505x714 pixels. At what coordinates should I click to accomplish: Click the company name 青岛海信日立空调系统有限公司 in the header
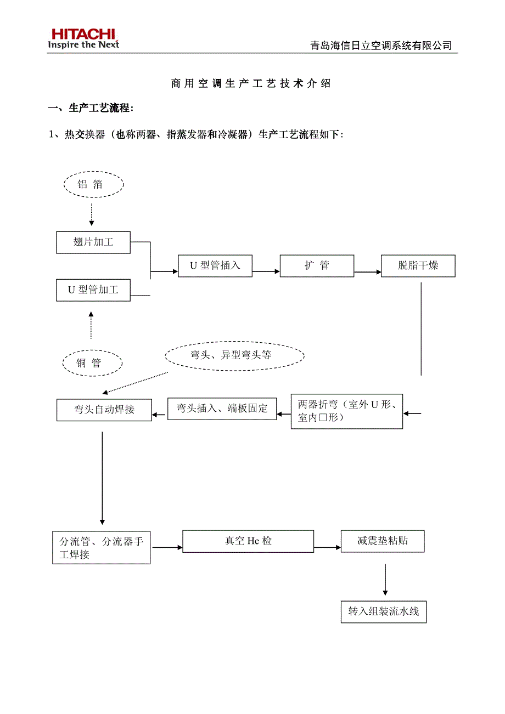[381, 46]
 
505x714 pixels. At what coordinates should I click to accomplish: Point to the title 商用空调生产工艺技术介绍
[251, 83]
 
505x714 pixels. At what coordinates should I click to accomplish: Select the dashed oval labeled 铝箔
[93, 185]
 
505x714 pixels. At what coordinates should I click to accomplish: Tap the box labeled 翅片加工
[93, 242]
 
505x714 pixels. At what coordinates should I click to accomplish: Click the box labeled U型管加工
[93, 290]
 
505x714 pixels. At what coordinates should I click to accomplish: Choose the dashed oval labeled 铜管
[92, 363]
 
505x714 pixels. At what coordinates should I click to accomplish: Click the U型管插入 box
[215, 266]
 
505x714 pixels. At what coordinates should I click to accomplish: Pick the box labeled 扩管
[317, 266]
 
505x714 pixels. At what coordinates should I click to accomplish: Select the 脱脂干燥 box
[418, 266]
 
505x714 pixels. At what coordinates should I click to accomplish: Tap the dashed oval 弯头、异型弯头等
[234, 355]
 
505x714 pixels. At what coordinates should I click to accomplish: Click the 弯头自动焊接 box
[104, 410]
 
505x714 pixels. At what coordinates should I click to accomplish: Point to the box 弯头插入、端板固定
[222, 409]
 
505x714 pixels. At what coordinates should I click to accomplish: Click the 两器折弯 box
[347, 411]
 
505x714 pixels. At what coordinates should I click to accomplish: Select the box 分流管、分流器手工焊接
[101, 548]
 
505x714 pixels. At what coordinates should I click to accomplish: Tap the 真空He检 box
[248, 541]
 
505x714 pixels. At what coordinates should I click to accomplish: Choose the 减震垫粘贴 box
[383, 541]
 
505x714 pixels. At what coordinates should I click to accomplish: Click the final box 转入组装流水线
[384, 611]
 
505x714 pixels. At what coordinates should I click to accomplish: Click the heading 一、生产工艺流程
[91, 108]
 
